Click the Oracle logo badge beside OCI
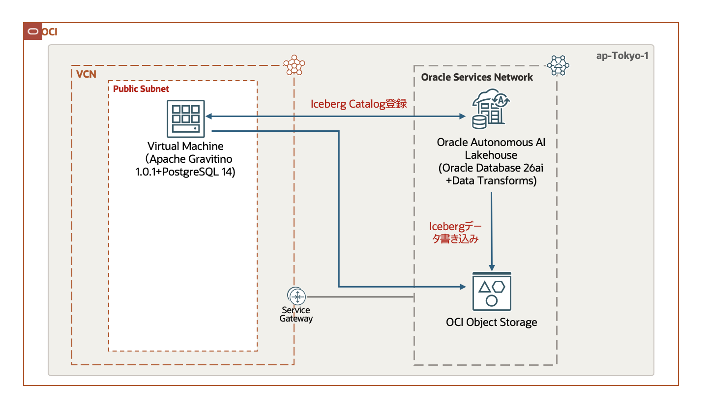coord(33,31)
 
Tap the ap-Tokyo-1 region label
coord(622,56)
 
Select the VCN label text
coord(86,74)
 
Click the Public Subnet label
coord(141,89)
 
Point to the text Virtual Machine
coord(185,146)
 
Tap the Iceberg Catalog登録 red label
coord(359,104)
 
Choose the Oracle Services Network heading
coord(477,77)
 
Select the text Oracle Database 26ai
coord(491,168)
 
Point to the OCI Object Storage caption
coord(492,323)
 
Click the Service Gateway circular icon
coord(296,296)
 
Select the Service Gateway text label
coord(296,314)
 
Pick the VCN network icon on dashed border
coord(294,65)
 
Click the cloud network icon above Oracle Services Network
coord(558,65)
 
